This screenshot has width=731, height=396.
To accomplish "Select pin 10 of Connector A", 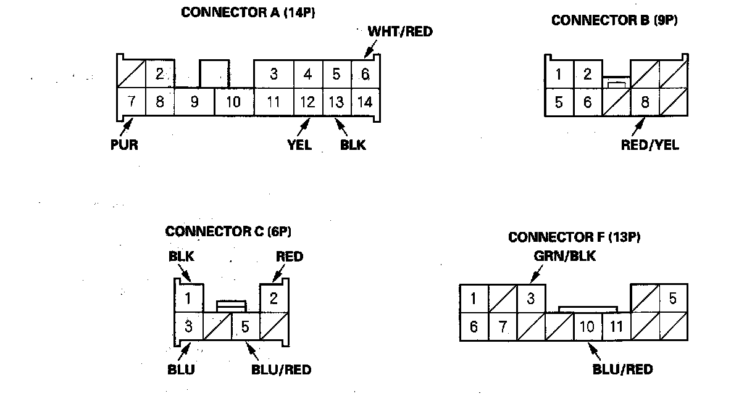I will (x=233, y=101).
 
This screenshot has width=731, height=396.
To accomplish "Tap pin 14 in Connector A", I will (x=365, y=101).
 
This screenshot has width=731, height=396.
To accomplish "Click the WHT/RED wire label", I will (x=399, y=31).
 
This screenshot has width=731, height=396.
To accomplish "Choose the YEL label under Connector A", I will (x=299, y=145).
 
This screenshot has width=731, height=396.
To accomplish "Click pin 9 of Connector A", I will (x=194, y=101).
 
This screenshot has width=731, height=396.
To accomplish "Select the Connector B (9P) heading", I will (x=614, y=20).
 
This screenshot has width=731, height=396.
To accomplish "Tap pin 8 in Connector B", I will (x=645, y=102).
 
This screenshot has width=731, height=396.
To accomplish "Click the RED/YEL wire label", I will (x=650, y=146).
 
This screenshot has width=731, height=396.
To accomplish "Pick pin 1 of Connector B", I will (x=559, y=75).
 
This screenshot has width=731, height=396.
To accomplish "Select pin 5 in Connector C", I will (x=245, y=326).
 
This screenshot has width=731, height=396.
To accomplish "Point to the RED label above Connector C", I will (x=290, y=256).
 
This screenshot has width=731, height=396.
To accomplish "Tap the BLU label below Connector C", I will (x=180, y=369).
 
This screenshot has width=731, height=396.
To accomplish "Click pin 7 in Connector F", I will (x=503, y=326).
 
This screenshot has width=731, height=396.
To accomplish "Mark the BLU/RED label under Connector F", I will (x=622, y=369).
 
